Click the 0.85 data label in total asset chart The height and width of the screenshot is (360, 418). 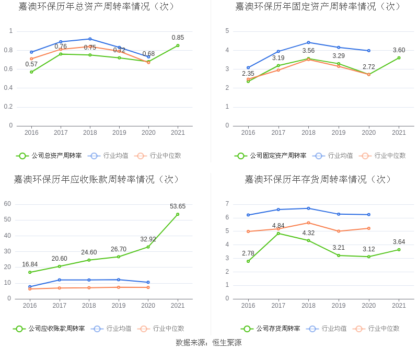pyautogui.click(x=178, y=38)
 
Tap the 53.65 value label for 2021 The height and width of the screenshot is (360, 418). pyautogui.click(x=178, y=206)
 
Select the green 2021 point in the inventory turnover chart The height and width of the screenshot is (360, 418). pyautogui.click(x=399, y=250)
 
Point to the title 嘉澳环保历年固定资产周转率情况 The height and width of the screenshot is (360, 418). pyautogui.click(x=318, y=7)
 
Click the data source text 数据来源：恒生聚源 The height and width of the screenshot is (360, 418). pyautogui.click(x=208, y=343)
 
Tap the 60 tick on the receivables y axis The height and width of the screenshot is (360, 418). pyautogui.click(x=8, y=204)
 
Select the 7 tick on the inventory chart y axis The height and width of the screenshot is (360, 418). pyautogui.click(x=227, y=204)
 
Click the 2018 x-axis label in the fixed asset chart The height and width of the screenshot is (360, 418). pyautogui.click(x=308, y=133)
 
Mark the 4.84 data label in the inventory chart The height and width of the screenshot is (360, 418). pyautogui.click(x=278, y=226)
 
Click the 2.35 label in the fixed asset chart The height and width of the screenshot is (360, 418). pyautogui.click(x=248, y=74)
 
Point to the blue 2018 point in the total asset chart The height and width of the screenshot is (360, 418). pyautogui.click(x=90, y=39)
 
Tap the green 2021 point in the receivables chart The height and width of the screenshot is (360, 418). pyautogui.click(x=178, y=214)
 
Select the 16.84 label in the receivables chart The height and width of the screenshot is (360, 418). pyautogui.click(x=30, y=264)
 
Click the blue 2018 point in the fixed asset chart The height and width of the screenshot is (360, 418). pyautogui.click(x=308, y=43)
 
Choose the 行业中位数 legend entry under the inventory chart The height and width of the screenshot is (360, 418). pyautogui.click(x=384, y=329)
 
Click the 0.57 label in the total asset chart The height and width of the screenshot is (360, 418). pyautogui.click(x=31, y=64)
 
